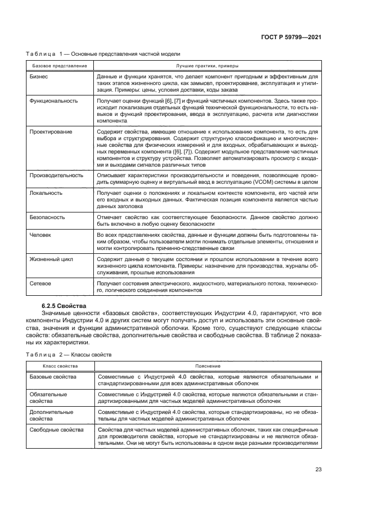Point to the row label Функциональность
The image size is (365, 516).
click(x=54, y=101)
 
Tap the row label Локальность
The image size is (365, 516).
click(x=46, y=193)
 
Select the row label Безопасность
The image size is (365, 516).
click(x=47, y=217)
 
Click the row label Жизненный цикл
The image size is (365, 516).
click(x=51, y=259)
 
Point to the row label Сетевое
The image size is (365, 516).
click(x=40, y=284)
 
